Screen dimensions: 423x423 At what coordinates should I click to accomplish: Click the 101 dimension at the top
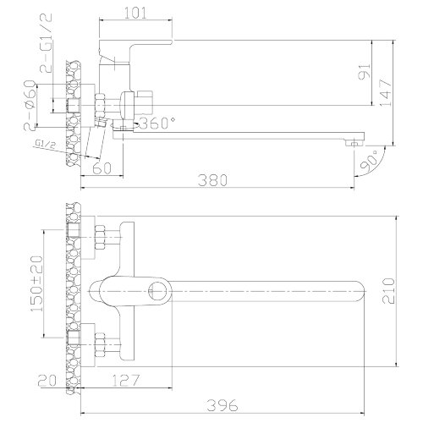click(x=136, y=13)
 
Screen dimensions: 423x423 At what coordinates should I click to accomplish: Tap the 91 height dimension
click(x=365, y=71)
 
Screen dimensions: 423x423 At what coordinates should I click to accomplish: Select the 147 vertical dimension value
click(x=386, y=93)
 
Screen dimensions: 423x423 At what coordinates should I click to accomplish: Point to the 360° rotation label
click(x=157, y=123)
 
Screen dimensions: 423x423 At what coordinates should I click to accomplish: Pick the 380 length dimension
click(x=212, y=180)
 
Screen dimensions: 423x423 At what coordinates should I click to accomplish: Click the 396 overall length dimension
click(x=222, y=405)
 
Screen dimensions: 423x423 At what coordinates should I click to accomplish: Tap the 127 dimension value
click(x=126, y=381)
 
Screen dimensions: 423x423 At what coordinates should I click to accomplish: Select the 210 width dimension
click(x=388, y=291)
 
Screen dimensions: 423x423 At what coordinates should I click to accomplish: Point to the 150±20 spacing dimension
click(x=37, y=283)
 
